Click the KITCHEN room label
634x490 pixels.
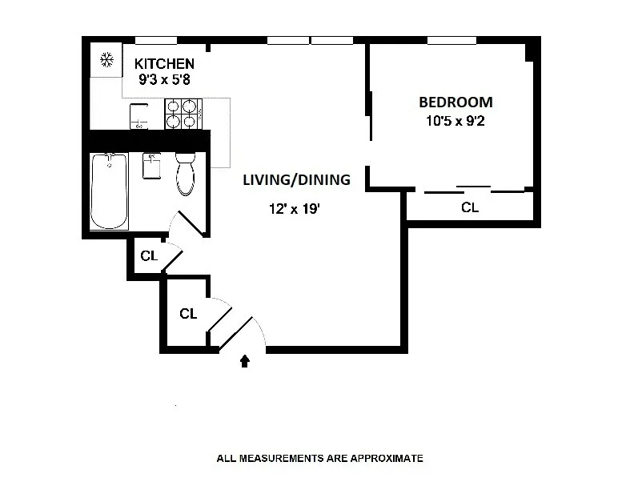click(163, 64)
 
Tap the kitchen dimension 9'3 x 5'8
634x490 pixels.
click(163, 80)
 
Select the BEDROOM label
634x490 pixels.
click(455, 102)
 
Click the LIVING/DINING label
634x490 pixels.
click(296, 180)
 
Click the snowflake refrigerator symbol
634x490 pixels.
click(105, 59)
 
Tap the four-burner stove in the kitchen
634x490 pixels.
click(181, 114)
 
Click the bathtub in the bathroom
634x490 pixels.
click(109, 191)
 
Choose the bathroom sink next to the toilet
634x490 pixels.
click(151, 167)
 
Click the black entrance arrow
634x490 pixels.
click(245, 362)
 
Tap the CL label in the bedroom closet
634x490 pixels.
click(470, 208)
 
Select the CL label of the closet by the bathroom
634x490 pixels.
click(148, 256)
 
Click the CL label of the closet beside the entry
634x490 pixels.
click(188, 314)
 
